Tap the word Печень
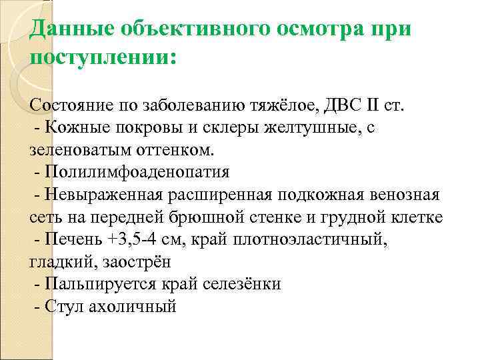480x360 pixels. (x=70, y=240)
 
